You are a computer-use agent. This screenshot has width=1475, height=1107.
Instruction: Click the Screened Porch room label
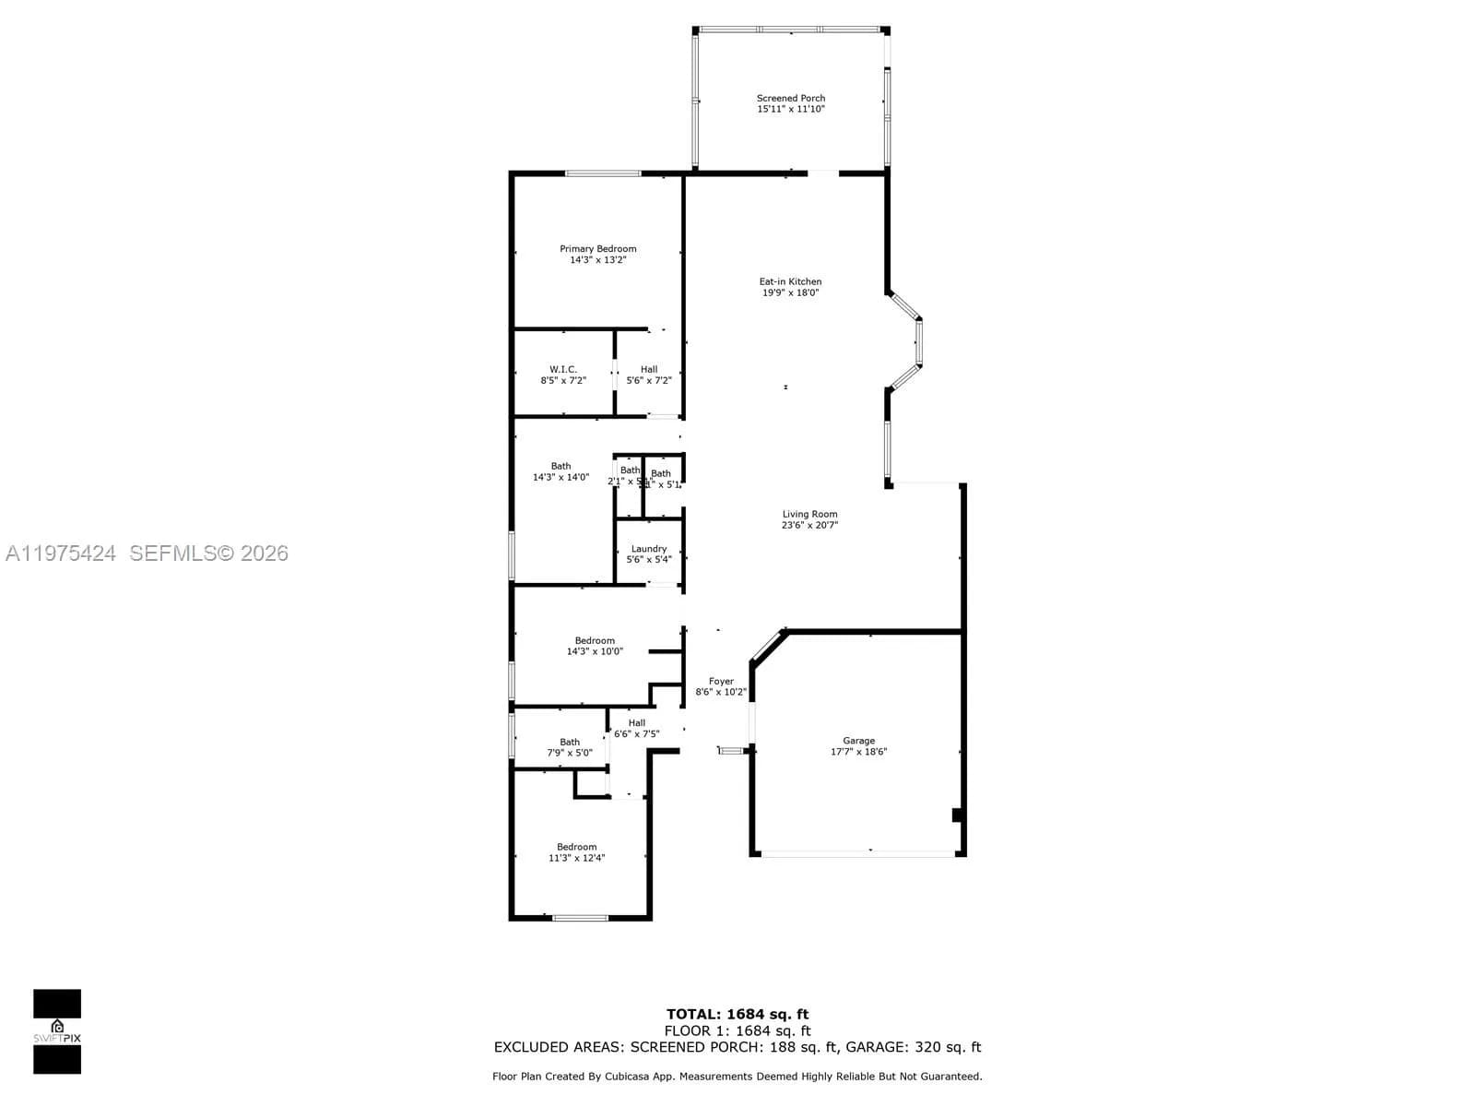click(x=790, y=98)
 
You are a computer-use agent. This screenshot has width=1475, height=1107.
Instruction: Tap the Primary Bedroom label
click(x=597, y=249)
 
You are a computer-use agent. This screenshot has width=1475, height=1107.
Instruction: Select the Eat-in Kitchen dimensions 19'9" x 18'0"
click(x=790, y=293)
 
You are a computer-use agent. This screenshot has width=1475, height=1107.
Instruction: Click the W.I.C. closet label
click(x=563, y=369)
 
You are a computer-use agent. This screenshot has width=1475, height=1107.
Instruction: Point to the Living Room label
click(x=809, y=515)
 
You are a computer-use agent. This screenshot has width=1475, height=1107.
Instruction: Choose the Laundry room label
click(x=649, y=549)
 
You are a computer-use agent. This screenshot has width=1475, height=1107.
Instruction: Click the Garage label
click(x=858, y=741)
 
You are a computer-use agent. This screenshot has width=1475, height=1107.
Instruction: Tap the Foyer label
click(x=721, y=682)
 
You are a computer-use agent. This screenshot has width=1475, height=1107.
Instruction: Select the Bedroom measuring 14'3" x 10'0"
click(x=595, y=646)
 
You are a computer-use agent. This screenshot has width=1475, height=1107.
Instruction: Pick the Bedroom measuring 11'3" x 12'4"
click(x=576, y=852)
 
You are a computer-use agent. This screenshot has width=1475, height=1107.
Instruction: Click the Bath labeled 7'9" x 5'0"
click(x=570, y=747)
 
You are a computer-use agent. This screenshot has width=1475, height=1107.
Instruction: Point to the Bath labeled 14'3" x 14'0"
click(x=560, y=471)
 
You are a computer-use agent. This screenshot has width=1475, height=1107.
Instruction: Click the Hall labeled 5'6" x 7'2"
click(x=649, y=375)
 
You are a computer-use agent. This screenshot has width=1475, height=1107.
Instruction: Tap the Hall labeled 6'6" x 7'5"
click(x=637, y=729)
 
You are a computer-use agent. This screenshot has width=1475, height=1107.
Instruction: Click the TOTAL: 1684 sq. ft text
click(x=737, y=1015)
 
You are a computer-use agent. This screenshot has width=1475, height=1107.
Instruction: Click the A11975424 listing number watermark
click(x=61, y=553)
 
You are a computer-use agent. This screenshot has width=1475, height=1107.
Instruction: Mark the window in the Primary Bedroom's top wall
click(x=603, y=173)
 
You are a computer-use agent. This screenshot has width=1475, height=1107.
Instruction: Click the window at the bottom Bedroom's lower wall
click(x=580, y=918)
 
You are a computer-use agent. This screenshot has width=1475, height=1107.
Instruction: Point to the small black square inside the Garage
click(x=957, y=815)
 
